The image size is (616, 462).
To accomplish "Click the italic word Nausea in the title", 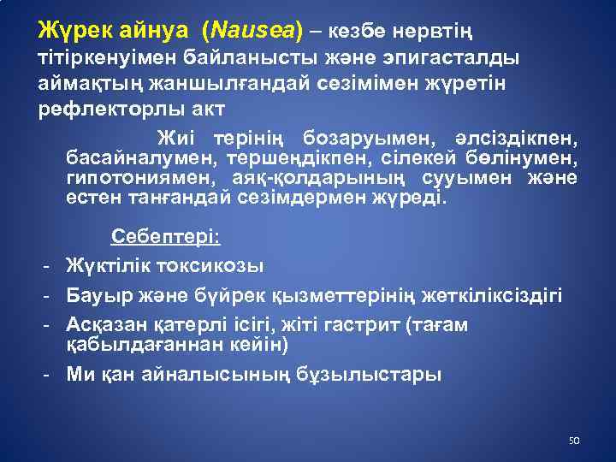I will click(x=252, y=31).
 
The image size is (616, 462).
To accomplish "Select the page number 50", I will click(x=574, y=441).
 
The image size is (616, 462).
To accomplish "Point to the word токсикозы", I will click(x=210, y=266).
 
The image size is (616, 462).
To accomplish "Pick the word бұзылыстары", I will click(x=369, y=375).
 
